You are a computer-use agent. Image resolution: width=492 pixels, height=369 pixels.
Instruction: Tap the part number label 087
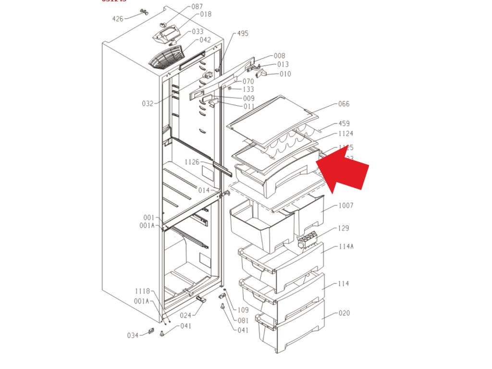tap(197, 7)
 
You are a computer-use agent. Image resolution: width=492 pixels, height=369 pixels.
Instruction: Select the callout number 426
tap(118, 19)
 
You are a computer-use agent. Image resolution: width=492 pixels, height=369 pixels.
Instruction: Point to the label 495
tap(243, 34)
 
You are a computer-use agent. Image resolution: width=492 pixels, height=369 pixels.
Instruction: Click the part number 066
tap(344, 104)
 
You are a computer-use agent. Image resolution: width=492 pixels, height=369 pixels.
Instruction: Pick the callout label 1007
tap(345, 206)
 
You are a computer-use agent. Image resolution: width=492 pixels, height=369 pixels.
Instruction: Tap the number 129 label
tap(344, 228)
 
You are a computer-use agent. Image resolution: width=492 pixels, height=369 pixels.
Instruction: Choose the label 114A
tap(346, 246)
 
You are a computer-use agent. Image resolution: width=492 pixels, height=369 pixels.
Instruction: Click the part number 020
tap(344, 313)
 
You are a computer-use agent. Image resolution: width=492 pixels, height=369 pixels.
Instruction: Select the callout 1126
tap(192, 162)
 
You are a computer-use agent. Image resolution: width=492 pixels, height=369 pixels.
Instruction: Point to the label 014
tap(204, 190)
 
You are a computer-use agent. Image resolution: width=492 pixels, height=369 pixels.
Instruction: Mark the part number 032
tap(148, 103)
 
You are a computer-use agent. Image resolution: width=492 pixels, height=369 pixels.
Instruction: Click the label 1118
tap(142, 291)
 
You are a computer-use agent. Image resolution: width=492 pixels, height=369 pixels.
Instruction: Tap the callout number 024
tap(185, 315)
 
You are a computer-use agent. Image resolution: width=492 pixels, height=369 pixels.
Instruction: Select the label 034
tap(133, 335)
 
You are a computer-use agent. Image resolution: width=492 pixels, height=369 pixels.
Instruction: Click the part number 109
tap(243, 310)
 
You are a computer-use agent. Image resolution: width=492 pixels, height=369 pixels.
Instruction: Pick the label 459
tap(344, 123)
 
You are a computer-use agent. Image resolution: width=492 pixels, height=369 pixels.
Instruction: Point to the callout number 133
tap(248, 89)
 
